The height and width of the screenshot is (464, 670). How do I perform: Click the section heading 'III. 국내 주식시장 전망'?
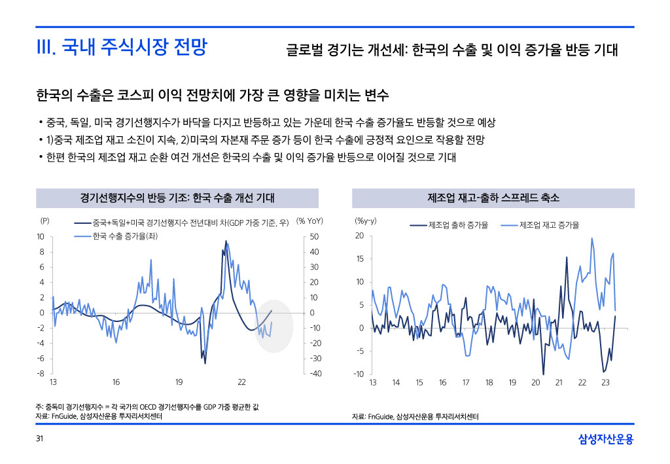pyautogui.click(x=122, y=48)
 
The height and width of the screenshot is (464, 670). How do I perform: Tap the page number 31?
pyautogui.click(x=40, y=438)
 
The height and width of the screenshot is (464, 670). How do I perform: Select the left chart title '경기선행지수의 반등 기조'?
pyautogui.click(x=177, y=198)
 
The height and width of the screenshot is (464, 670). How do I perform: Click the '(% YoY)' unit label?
pyautogui.click(x=311, y=221)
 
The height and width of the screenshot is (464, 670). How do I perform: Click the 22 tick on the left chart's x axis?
pyautogui.click(x=241, y=382)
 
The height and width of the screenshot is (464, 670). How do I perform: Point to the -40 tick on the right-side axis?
pyautogui.click(x=314, y=374)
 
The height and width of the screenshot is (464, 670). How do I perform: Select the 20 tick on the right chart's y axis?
pyautogui.click(x=359, y=236)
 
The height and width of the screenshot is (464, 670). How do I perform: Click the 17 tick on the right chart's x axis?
pyautogui.click(x=466, y=382)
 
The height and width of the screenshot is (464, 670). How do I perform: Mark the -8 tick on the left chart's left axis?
pyautogui.click(x=41, y=374)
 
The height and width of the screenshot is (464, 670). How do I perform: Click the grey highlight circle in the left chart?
pyautogui.click(x=274, y=325)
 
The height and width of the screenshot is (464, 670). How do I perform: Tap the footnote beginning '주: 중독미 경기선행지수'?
pyautogui.click(x=148, y=407)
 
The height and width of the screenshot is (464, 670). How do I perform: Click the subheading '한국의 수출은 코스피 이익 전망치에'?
pyautogui.click(x=213, y=96)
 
